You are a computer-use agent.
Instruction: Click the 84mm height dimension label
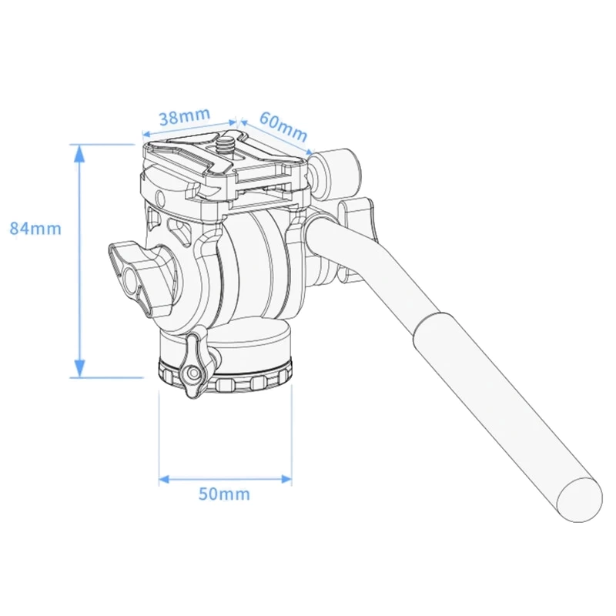[35, 229]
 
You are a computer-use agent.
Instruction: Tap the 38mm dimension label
[184, 116]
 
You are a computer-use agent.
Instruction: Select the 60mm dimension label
[283, 126]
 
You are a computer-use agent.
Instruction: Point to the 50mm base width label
[224, 494]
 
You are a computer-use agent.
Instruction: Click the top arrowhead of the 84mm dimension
[79, 153]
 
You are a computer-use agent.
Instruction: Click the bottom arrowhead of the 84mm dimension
[79, 369]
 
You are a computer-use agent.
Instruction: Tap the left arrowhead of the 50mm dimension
[164, 479]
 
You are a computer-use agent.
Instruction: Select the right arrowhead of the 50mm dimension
[286, 479]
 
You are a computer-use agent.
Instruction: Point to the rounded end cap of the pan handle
[580, 500]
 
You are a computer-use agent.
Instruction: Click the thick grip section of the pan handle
[507, 417]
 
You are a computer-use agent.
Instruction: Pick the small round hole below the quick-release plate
[160, 197]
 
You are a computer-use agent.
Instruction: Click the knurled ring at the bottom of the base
[226, 378]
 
